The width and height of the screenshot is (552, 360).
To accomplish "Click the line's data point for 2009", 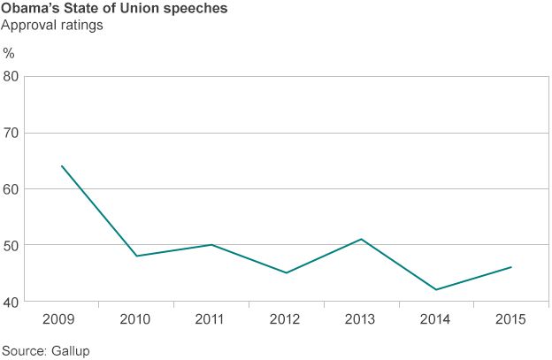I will tap(62, 165).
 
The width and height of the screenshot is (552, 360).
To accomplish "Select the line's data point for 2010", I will tap(137, 256).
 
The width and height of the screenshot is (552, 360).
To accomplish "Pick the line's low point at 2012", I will tap(287, 272).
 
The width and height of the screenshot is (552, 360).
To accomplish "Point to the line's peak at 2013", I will tap(362, 239).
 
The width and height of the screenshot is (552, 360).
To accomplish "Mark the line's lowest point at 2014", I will tap(436, 289).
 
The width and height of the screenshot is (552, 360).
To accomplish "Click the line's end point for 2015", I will tap(511, 267).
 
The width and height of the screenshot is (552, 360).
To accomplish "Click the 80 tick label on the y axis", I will tap(11, 77).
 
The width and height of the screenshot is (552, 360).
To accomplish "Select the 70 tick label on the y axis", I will tap(11, 134).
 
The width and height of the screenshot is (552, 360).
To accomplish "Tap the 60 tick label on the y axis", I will tap(11, 189).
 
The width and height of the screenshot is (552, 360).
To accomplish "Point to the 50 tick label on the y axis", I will tap(11, 245).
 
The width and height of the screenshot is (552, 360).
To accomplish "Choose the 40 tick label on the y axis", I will tap(11, 302).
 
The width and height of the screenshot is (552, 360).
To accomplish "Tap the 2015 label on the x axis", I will tap(511, 318).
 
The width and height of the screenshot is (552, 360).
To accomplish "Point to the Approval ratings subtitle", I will tap(53, 26).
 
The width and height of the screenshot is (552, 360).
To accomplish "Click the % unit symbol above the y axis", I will tap(9, 53).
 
